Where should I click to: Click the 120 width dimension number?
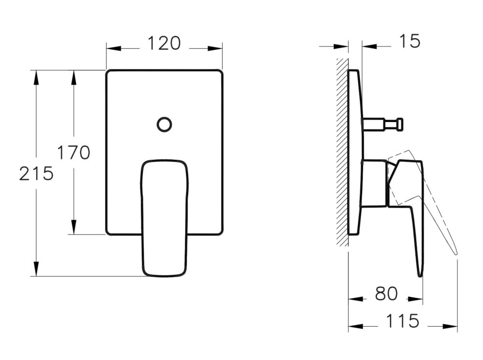(x=164, y=43)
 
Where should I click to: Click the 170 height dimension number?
(x=73, y=153)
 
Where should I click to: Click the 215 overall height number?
(x=36, y=173)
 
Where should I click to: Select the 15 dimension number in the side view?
(x=410, y=42)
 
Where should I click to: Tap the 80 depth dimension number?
(x=386, y=294)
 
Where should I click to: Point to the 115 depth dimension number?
(x=403, y=321)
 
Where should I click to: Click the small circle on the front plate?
(x=164, y=125)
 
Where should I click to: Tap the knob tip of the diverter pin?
(x=399, y=125)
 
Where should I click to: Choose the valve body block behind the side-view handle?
(x=374, y=183)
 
